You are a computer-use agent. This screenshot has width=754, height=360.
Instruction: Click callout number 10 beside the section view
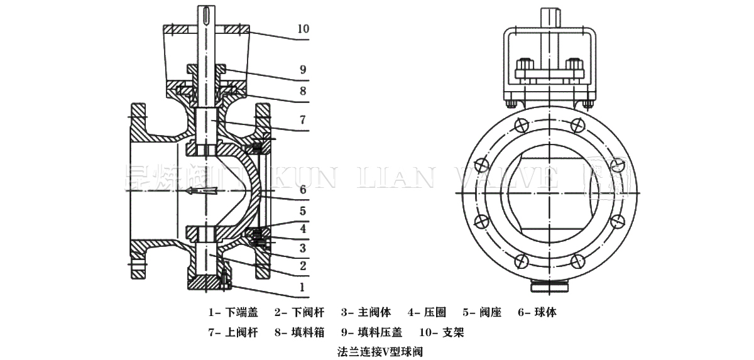(x=303, y=29)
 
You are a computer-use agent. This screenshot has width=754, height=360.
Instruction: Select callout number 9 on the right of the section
(x=303, y=69)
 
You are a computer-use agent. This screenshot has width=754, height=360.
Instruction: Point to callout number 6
(x=303, y=188)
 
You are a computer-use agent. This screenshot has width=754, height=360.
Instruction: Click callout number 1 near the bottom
(x=303, y=286)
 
